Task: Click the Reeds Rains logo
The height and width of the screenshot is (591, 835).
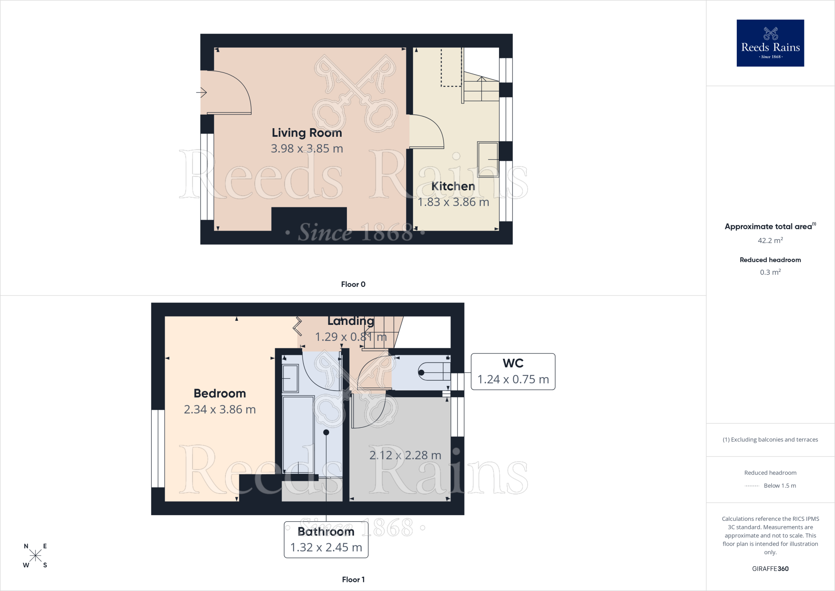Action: pos(770,43)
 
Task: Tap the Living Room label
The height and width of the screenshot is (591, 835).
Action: pos(307,133)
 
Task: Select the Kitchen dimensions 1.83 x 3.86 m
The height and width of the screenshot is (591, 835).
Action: pos(453,202)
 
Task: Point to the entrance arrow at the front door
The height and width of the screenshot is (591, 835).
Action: pos(201,92)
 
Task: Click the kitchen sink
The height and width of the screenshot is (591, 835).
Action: pos(488,159)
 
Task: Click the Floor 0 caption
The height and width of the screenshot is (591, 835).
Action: pos(353,284)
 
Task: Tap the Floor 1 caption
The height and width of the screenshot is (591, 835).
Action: pos(353,580)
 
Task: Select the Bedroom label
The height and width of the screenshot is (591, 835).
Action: pos(220,393)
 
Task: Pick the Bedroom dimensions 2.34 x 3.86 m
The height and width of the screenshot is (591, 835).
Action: pos(220,409)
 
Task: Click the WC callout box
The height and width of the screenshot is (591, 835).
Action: pos(513,371)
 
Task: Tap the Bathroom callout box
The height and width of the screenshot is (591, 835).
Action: pos(326,540)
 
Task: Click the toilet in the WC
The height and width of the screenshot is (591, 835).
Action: pos(434,372)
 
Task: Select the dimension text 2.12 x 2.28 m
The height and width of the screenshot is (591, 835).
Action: pos(405,455)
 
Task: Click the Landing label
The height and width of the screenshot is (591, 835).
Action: pos(351,321)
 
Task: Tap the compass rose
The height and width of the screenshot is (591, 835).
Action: pos(35,555)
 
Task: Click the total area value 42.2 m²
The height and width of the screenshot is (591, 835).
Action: pos(770,240)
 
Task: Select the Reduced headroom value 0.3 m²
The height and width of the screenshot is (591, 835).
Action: pos(770,272)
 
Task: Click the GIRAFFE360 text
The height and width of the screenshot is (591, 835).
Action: pos(770,569)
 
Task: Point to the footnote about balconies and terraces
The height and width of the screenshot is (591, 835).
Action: pos(770,440)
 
